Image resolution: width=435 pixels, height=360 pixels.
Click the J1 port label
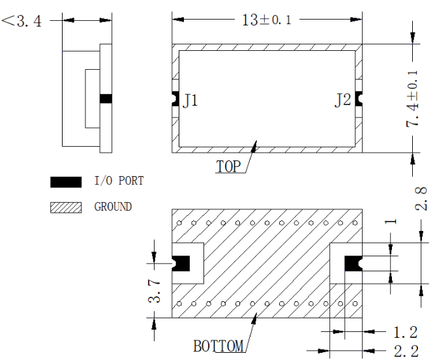pos(190,100)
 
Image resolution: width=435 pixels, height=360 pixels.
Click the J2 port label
pos(343,100)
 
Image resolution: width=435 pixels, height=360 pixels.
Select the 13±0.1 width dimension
pos(267,20)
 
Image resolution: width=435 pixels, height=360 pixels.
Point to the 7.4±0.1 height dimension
pos(412,98)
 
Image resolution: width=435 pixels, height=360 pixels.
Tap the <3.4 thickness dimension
pos(22,21)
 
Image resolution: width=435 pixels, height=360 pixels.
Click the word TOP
pos(228,166)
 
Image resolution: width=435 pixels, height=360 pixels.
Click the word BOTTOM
pos(218,346)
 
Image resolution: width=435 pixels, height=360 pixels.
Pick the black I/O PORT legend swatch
pos(66,182)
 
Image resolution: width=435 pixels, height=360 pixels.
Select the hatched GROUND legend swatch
pos(66,207)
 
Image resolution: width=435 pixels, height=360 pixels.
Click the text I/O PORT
pos(119,181)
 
